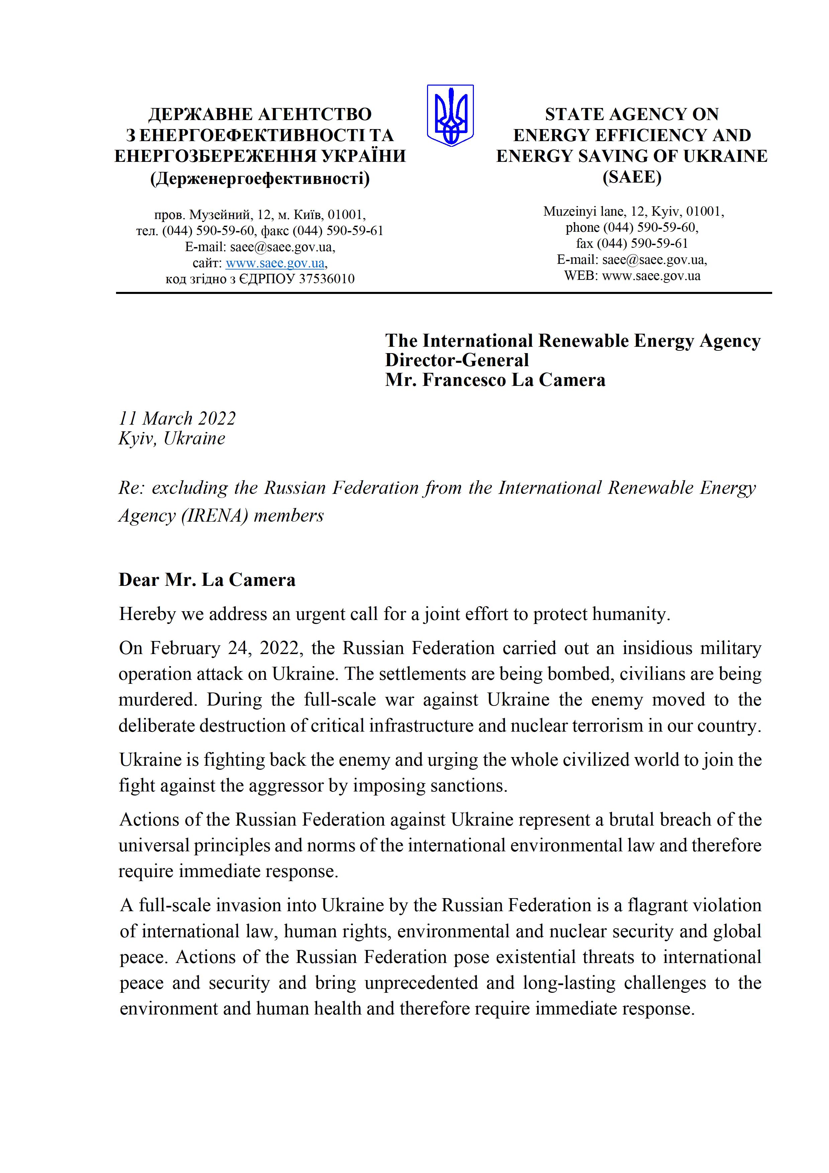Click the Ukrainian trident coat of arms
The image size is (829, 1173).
tap(450, 115)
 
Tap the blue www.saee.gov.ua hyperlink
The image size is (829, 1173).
tap(275, 263)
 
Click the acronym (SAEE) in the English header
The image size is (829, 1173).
tap(632, 177)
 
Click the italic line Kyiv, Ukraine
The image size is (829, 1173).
tap(172, 438)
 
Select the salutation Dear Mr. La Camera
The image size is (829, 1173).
tap(207, 580)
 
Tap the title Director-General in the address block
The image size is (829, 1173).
tap(457, 360)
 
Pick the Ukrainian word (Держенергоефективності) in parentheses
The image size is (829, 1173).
tap(260, 178)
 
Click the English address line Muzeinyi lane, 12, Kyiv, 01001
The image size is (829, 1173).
tap(633, 211)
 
